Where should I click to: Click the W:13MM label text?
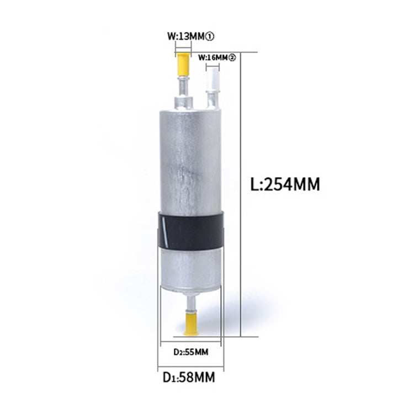(x=186, y=36)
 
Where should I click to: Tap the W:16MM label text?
(x=213, y=57)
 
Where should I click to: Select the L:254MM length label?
(x=284, y=184)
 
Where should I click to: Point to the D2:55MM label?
(x=190, y=351)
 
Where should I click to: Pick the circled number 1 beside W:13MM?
(x=210, y=36)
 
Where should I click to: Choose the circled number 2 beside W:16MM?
(x=232, y=57)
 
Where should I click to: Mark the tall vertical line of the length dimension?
(x=242, y=193)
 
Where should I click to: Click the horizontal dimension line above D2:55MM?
(x=190, y=342)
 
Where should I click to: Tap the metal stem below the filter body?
(x=190, y=304)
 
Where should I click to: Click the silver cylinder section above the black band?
(x=190, y=160)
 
